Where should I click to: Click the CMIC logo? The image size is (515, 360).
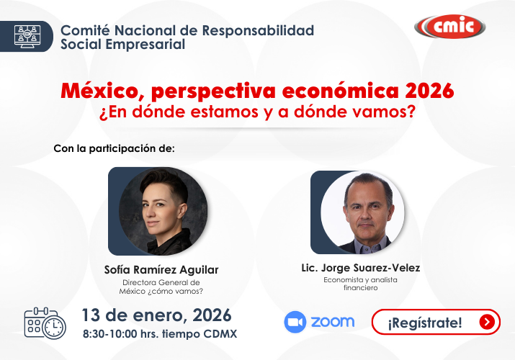pyautogui.click(x=449, y=27)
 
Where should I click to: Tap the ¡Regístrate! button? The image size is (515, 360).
pyautogui.click(x=435, y=323)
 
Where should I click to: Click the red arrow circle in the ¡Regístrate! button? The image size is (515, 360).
pyautogui.click(x=488, y=323)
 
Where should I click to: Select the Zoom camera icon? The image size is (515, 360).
pyautogui.click(x=295, y=322)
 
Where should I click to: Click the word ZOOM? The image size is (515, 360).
pyautogui.click(x=332, y=322)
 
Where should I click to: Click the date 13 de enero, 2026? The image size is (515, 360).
pyautogui.click(x=156, y=315)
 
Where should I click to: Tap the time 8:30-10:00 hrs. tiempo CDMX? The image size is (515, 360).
pyautogui.click(x=159, y=335)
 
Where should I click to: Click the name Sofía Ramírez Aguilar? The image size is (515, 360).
pyautogui.click(x=161, y=270)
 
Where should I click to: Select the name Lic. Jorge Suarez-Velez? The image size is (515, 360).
pyautogui.click(x=360, y=268)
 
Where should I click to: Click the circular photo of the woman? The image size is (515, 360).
pyautogui.click(x=163, y=212)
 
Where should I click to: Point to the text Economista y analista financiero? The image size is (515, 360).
pyautogui.click(x=360, y=284)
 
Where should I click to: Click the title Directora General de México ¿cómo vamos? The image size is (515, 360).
pyautogui.click(x=161, y=287)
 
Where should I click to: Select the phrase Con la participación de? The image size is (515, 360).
pyautogui.click(x=115, y=149)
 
